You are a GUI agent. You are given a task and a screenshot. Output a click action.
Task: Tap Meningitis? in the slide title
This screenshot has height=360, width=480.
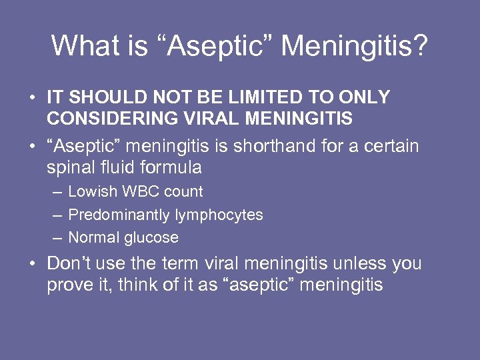tap(355, 46)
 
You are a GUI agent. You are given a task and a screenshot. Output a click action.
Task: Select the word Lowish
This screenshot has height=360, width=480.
tap(91, 192)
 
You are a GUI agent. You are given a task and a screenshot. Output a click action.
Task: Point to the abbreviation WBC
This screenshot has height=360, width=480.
tap(138, 192)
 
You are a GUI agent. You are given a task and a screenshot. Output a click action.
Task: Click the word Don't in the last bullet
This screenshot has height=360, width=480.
tap(68, 263)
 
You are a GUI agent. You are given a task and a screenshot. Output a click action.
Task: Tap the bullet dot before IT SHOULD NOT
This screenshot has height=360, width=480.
tap(33, 98)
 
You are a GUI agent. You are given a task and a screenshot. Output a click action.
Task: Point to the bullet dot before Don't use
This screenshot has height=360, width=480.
tap(33, 265)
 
